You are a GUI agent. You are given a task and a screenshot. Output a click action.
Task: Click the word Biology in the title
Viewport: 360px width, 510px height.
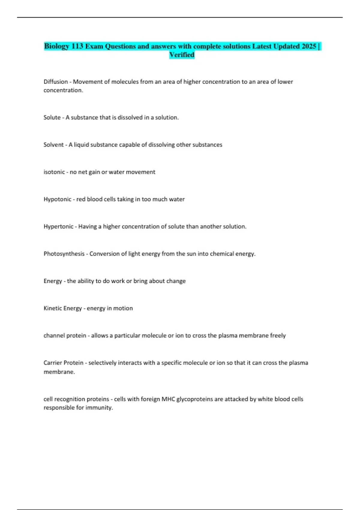(x=57, y=46)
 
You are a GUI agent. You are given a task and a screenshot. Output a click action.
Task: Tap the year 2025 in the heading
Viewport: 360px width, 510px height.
(x=309, y=46)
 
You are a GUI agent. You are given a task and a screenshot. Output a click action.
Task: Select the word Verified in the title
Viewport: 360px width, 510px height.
(x=182, y=55)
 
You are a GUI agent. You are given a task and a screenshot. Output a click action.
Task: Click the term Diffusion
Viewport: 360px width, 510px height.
(x=55, y=82)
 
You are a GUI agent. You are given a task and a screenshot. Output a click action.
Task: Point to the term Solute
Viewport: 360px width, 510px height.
(x=52, y=117)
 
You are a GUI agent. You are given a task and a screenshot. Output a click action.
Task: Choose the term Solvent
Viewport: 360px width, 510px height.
(x=53, y=145)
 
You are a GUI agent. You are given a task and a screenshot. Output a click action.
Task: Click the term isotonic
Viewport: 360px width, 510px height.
(x=54, y=172)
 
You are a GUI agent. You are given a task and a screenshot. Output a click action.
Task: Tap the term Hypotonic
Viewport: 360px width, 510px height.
(x=57, y=199)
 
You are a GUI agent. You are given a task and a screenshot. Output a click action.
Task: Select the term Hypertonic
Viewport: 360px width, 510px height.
(x=58, y=226)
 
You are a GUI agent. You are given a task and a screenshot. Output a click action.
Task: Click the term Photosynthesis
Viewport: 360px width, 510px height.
(x=64, y=254)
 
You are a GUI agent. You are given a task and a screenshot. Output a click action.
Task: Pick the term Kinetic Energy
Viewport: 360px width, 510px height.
(x=62, y=308)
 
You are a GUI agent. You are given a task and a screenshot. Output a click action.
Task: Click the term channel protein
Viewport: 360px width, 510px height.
(x=64, y=335)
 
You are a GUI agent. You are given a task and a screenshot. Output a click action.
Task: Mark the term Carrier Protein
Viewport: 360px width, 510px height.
(x=63, y=363)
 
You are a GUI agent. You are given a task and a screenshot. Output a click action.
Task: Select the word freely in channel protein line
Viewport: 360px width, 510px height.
(x=278, y=335)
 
